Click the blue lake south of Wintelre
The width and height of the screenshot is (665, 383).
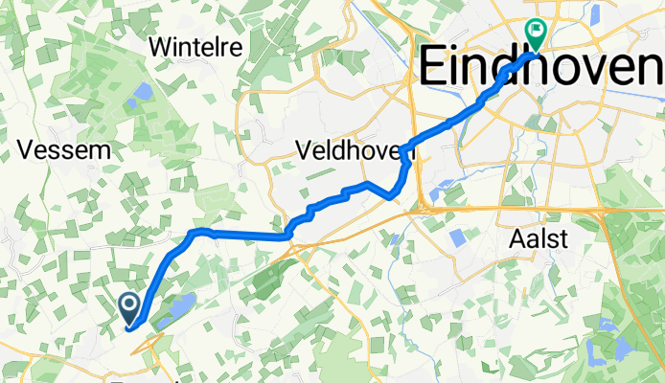point(142,92)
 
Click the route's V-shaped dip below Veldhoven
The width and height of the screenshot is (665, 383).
point(391,196)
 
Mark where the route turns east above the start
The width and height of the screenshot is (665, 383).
point(195,232)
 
